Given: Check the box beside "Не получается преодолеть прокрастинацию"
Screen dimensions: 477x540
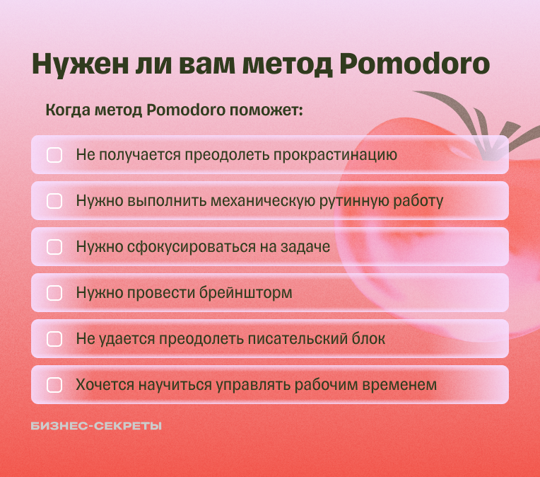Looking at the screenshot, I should pos(54,155).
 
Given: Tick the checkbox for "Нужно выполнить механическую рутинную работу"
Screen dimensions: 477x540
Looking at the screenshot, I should pos(54,201).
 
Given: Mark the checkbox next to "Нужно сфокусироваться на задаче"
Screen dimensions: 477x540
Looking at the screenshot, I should pos(54,247).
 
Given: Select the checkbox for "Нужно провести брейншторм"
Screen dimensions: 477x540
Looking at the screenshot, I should pos(54,293).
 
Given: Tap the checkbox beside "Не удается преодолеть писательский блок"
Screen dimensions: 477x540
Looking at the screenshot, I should pos(54,339).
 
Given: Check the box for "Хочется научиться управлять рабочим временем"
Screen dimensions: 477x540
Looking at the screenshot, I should pos(54,385).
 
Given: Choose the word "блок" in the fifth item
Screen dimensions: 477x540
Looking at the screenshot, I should pos(369,339).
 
